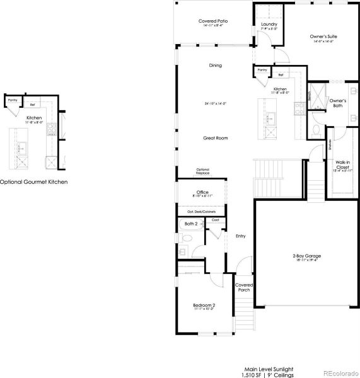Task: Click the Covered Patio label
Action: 212,21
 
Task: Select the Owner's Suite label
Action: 322,37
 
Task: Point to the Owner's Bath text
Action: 338,103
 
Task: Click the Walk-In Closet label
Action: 343,166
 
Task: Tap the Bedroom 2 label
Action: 204,306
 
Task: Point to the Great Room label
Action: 215,138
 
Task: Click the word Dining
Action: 215,66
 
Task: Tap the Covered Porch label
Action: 244,287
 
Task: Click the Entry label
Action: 240,236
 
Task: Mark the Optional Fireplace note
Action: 203,171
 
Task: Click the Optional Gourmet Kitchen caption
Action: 33,182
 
